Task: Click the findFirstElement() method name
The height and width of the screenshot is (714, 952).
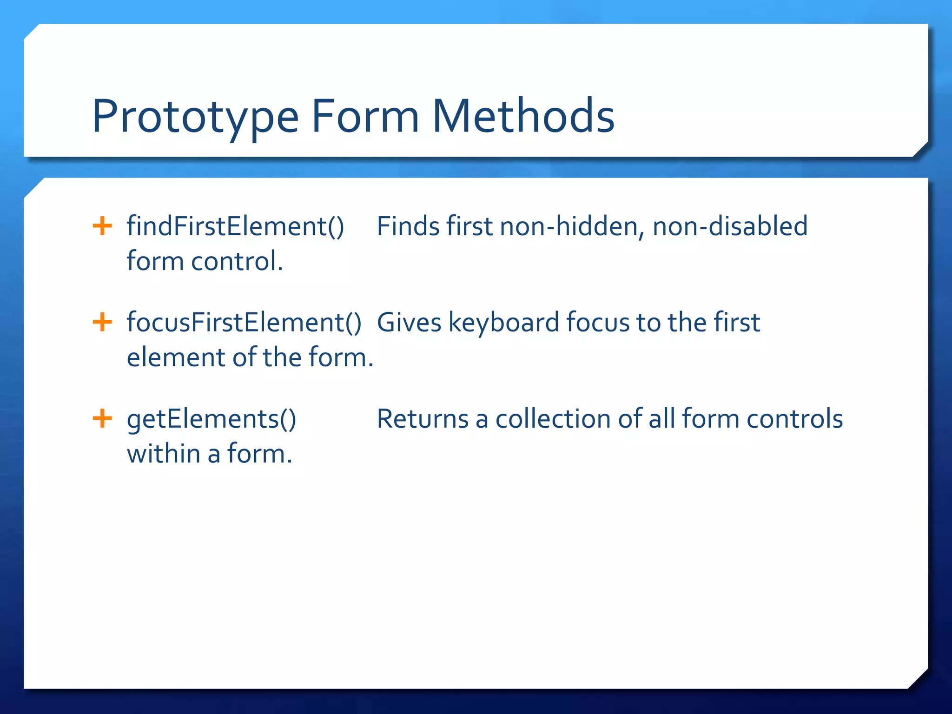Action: coord(235,227)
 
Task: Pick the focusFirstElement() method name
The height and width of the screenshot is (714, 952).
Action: coord(244,323)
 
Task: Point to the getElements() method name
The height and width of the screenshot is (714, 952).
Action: coord(212,419)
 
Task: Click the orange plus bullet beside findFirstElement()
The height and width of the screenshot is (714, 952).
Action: coord(102,226)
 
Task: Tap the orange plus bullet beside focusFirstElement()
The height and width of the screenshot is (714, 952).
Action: coord(102,322)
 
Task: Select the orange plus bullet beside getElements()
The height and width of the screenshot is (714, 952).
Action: coord(102,418)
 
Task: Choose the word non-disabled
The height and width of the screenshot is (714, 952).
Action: coord(730,227)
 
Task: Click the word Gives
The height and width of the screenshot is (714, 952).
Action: coord(409,323)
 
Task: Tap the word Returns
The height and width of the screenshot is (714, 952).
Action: coord(423,419)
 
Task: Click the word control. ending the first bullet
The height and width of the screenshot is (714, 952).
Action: coord(237,262)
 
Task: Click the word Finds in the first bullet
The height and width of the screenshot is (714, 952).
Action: coord(408,227)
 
